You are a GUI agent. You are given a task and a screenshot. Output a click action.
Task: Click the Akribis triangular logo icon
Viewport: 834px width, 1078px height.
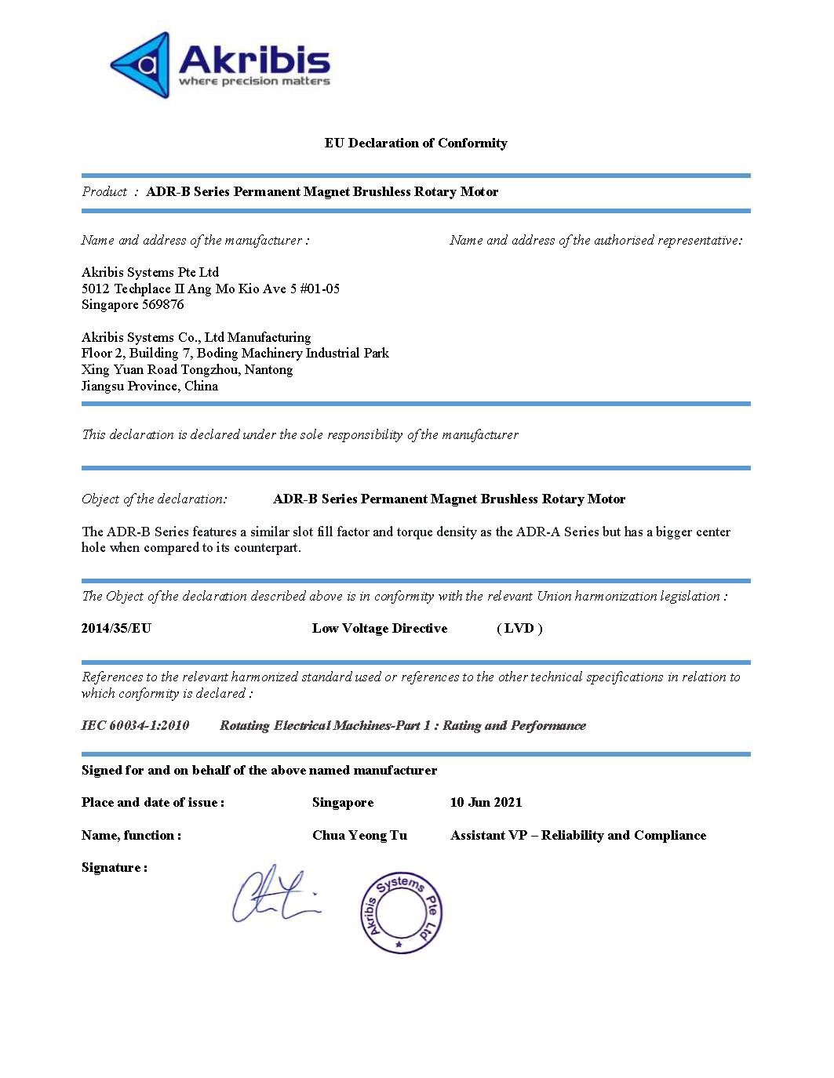[142, 65]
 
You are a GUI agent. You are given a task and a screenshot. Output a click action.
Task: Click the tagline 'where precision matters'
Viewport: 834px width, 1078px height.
[254, 82]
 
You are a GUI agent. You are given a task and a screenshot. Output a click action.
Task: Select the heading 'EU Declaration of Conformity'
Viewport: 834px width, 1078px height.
[416, 143]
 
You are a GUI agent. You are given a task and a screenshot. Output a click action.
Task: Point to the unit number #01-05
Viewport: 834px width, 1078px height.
[319, 289]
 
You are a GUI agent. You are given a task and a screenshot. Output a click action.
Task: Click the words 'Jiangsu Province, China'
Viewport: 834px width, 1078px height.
[150, 386]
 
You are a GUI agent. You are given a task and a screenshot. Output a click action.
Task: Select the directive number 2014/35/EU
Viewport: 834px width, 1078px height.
[116, 628]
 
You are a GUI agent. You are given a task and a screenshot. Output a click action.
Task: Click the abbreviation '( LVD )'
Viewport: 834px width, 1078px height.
[519, 628]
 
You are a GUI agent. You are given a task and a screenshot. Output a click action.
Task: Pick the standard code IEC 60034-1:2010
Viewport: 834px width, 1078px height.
[135, 725]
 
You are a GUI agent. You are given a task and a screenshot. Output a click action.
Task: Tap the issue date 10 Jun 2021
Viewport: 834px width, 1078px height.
[486, 802]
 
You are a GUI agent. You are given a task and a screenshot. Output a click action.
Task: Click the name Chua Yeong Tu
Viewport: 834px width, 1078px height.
[359, 835]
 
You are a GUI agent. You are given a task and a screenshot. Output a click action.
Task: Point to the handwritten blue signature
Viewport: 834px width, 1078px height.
[275, 895]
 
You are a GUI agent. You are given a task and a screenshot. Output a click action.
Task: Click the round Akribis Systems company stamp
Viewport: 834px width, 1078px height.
[401, 913]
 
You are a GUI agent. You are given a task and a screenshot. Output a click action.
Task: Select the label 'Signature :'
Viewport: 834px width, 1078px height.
[115, 867]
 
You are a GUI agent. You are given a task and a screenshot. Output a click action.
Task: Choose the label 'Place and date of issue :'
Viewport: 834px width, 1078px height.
[153, 802]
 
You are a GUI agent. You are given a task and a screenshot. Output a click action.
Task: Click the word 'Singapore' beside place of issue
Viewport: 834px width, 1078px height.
[343, 802]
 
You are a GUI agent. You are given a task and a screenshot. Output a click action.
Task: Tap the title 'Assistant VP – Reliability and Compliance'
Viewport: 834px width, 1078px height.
[578, 835]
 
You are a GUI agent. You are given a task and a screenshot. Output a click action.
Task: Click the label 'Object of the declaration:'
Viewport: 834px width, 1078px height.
[155, 499]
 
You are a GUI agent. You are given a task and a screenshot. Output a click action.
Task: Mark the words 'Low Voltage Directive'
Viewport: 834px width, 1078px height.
[380, 628]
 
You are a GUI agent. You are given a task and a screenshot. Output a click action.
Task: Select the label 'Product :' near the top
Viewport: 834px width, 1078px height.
[110, 191]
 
